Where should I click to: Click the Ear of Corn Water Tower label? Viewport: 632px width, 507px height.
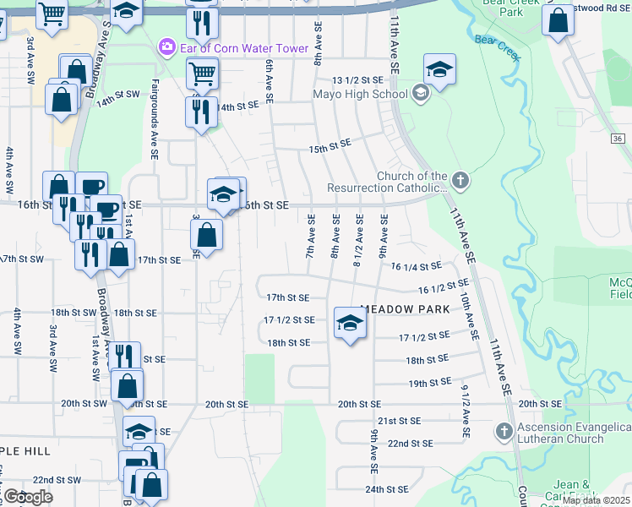(243, 48)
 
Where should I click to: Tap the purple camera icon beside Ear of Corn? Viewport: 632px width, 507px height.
(167, 48)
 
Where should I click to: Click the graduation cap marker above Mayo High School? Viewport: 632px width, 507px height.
(439, 69)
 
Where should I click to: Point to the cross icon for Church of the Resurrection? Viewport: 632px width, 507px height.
(459, 180)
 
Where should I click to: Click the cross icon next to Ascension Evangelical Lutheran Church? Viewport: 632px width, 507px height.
(505, 430)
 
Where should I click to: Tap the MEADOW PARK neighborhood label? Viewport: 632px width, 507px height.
(406, 310)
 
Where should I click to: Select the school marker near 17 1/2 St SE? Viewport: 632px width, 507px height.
(350, 322)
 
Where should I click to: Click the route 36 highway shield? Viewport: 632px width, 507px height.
(618, 139)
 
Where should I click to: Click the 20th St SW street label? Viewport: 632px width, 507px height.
(84, 404)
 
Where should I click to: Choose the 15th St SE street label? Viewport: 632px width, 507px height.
(330, 148)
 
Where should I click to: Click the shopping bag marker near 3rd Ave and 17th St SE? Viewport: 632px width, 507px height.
(208, 236)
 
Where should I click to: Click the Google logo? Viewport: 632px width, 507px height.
(27, 497)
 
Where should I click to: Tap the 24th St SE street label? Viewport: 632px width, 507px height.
(386, 489)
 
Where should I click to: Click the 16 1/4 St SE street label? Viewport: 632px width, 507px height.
(417, 267)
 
